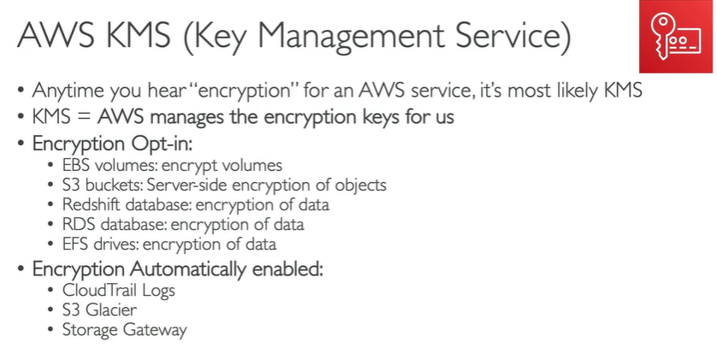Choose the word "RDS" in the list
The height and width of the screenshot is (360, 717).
(77, 224)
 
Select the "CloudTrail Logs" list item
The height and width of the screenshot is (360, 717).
(118, 290)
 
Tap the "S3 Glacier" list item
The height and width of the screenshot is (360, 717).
(99, 310)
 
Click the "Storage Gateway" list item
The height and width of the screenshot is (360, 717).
(124, 330)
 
